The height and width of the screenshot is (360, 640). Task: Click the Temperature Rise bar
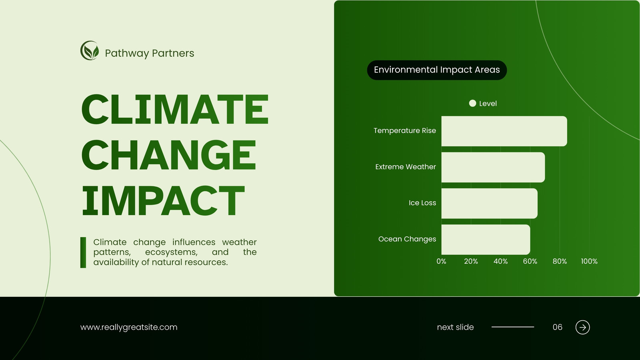coord(504,131)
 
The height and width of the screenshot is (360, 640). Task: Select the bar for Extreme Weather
coord(493,167)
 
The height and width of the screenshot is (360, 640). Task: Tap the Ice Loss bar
coord(490,204)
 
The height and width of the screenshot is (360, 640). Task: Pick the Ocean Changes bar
coord(486,240)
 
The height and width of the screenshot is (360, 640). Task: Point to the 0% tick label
coord(441,261)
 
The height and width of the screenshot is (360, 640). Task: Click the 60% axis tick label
coord(530,261)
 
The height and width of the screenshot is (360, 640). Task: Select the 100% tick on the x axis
coord(589,261)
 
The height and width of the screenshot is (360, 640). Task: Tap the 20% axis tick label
coord(471,261)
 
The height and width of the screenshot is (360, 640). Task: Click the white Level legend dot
coord(472,103)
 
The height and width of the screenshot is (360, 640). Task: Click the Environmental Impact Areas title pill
coord(437,70)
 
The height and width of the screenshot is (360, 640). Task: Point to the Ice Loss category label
coord(422,203)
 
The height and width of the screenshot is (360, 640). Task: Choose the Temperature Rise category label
coord(405,130)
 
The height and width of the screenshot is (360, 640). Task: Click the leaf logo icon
coord(90,50)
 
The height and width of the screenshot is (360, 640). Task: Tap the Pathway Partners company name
coord(150,53)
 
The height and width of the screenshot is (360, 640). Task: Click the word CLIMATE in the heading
coord(175,109)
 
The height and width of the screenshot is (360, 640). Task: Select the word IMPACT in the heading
coord(163,200)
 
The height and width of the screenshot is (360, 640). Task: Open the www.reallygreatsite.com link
coord(129,327)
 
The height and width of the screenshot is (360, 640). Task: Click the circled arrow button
coord(582,327)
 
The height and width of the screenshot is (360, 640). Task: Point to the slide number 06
coord(558,327)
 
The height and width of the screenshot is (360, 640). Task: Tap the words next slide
coord(456,327)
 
